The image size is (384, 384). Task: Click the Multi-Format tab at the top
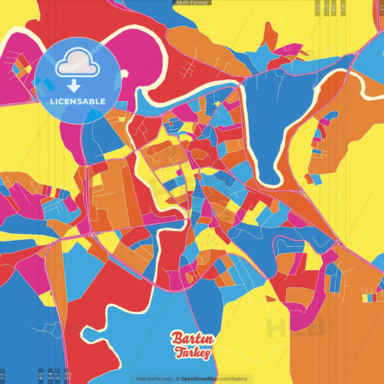point(192,3)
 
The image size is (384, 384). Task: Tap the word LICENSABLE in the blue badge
point(77,101)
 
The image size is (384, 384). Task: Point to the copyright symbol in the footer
point(177,379)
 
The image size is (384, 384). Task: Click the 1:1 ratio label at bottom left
point(2,375)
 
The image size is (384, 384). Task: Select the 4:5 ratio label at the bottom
point(41,375)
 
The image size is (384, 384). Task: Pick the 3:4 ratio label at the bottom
point(50,375)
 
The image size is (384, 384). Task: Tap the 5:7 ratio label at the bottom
point(58,375)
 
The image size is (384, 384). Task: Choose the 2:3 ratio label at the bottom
point(67,375)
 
